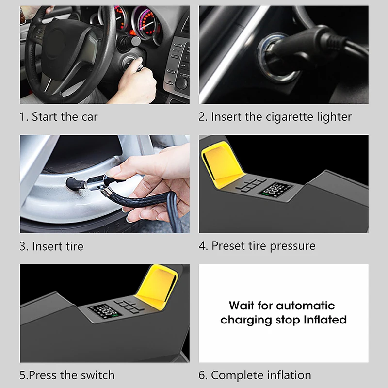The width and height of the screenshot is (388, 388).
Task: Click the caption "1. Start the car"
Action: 59,117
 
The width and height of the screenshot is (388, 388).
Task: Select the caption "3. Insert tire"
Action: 51,246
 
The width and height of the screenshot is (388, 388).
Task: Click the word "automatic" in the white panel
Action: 305,306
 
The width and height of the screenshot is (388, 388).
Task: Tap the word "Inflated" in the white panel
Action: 325,320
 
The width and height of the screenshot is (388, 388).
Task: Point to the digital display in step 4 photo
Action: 276,190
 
